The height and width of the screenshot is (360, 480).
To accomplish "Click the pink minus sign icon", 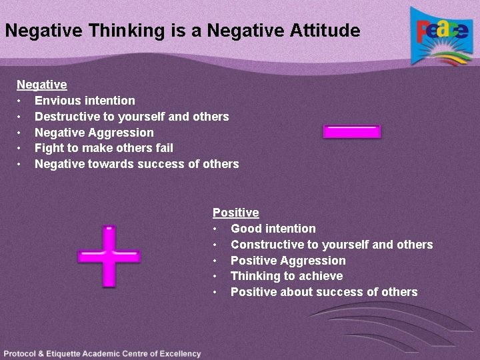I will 351,131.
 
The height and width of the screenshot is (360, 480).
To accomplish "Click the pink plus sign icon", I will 109,256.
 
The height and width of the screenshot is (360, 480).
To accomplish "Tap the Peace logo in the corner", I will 441,36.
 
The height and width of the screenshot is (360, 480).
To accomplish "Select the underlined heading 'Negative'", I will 41,85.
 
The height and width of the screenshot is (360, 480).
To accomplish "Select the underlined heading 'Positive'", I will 235,213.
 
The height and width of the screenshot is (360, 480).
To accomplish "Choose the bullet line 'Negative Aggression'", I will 94,133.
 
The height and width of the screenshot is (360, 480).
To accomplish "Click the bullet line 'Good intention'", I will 273,229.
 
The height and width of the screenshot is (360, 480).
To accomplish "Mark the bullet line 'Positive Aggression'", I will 288,261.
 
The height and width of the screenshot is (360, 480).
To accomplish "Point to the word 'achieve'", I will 322,276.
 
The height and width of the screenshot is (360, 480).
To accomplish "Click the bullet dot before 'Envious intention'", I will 20,101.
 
